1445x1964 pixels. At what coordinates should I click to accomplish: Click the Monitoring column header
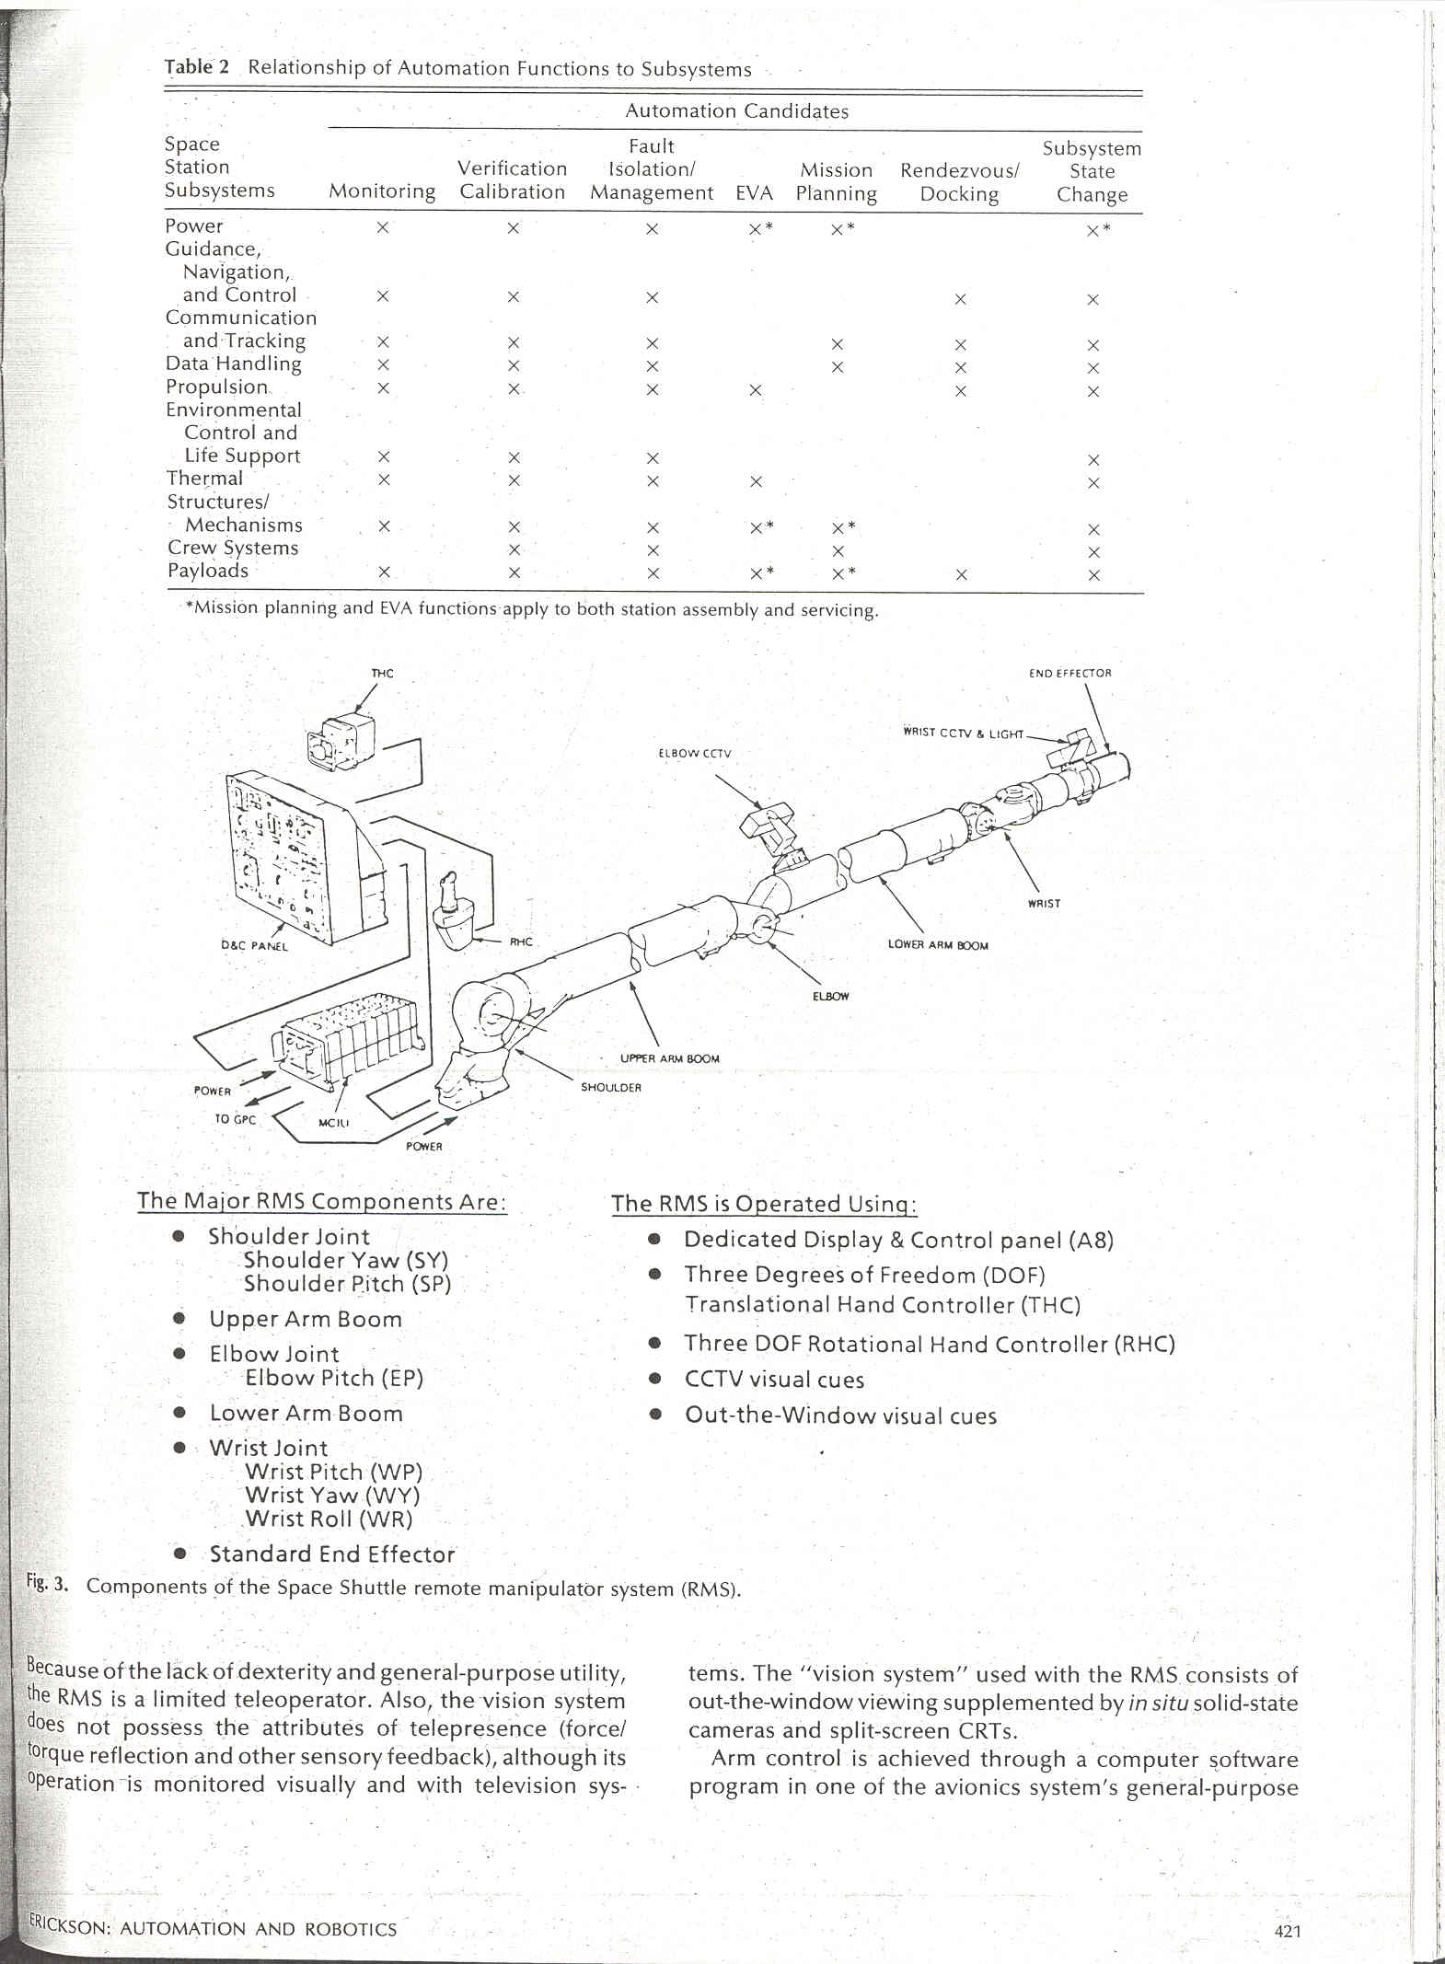pos(382,191)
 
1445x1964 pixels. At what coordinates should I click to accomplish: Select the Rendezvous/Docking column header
pos(959,182)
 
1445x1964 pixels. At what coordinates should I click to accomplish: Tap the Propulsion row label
pos(217,387)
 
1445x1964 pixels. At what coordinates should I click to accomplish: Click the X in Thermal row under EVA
pos(755,481)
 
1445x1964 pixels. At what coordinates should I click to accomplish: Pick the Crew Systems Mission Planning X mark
pos(838,551)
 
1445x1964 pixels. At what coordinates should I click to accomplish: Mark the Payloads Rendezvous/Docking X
pos(961,575)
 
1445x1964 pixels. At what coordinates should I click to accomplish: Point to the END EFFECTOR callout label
pos(1069,673)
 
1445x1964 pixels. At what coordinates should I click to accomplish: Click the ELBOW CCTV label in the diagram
pos(694,753)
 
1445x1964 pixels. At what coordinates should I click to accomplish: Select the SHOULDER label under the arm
pos(610,1088)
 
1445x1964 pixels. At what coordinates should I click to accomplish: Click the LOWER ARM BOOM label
pos(937,945)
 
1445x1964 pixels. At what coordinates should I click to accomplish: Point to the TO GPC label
pos(235,1120)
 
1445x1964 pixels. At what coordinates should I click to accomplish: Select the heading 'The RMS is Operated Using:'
pos(764,1204)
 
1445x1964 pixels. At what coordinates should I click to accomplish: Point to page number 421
pos(1288,1931)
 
